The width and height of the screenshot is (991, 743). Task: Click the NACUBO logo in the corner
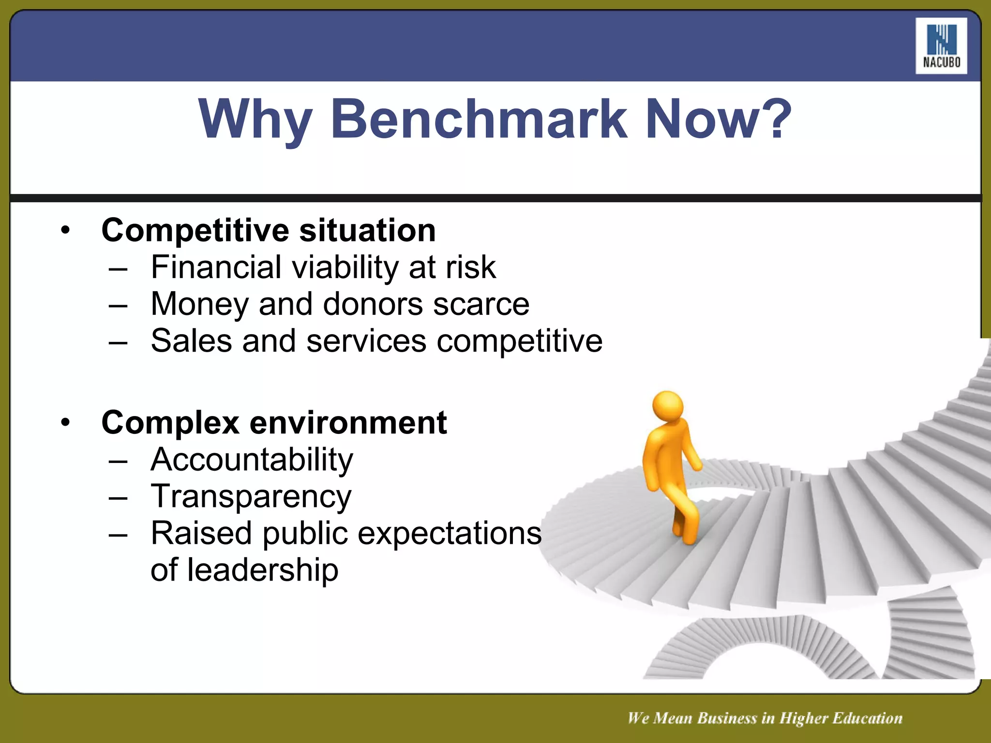pyautogui.click(x=941, y=46)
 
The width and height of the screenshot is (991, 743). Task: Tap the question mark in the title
pyautogui.click(x=773, y=119)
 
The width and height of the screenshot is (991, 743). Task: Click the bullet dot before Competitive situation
pyautogui.click(x=66, y=230)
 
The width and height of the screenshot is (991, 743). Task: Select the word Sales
pyautogui.click(x=191, y=341)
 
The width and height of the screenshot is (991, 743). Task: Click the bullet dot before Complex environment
pyautogui.click(x=66, y=423)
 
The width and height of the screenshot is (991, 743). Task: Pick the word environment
pyautogui.click(x=348, y=423)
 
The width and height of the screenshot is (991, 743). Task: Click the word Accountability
pyautogui.click(x=252, y=460)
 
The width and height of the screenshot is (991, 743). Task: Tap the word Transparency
pyautogui.click(x=251, y=497)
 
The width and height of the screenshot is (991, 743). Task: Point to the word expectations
pyautogui.click(x=450, y=534)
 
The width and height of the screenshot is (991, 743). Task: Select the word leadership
pyautogui.click(x=263, y=570)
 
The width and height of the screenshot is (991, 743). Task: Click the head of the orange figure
pyautogui.click(x=668, y=405)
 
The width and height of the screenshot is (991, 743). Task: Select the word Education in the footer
pyautogui.click(x=868, y=718)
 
